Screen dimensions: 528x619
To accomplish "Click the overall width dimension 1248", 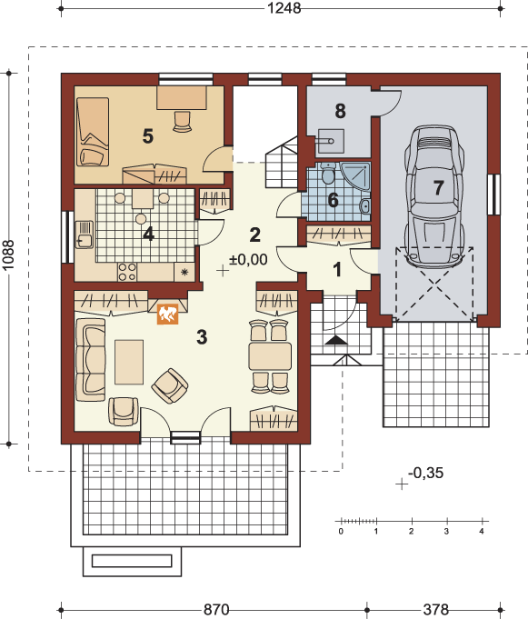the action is point(284,8).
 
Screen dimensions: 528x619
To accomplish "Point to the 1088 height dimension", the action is point(8,255).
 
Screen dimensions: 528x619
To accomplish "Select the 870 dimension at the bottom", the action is point(216,610).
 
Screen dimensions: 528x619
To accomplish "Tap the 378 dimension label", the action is point(435,610).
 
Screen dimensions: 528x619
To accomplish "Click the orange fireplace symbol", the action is point(168,314).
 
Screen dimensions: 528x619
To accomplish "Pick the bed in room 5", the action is point(93,132).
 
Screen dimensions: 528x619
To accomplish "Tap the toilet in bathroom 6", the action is point(327,174).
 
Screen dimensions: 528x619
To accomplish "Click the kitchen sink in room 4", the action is point(84,235).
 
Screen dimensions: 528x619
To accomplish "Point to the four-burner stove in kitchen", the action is point(127,272).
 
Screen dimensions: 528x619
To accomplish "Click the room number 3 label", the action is point(202,336).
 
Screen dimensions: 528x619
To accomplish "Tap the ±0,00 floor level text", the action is point(248,259).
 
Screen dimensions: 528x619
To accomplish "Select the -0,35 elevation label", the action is point(426,473).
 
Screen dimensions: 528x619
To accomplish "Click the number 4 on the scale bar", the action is point(482,532).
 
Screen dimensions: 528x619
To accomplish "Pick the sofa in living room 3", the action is point(90,360).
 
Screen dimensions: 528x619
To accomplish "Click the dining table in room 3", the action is point(270,356).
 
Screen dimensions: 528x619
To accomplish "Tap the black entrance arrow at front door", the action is point(336,340).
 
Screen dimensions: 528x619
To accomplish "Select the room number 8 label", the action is point(340,111).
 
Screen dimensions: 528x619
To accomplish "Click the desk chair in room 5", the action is point(182,121).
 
